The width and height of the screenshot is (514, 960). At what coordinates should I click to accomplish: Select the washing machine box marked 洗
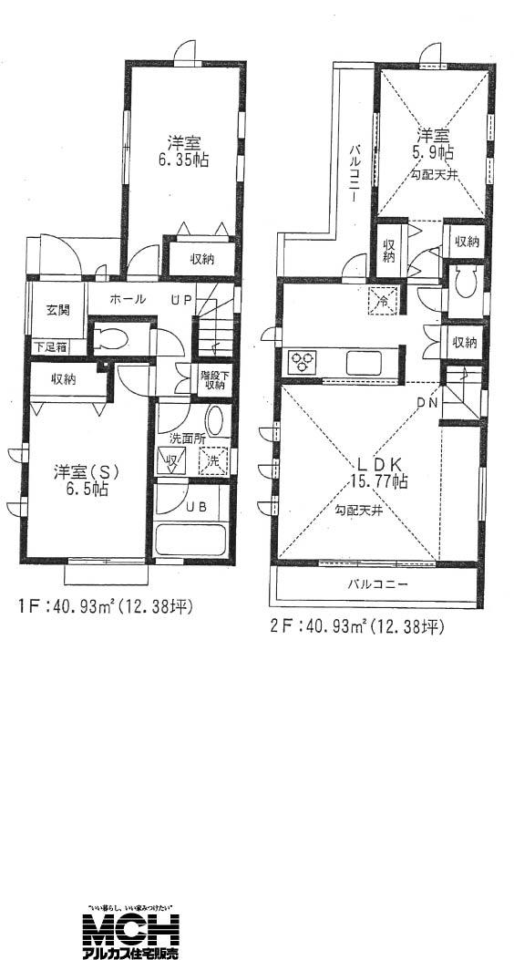212,461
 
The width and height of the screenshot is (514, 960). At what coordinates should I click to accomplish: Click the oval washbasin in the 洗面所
215,421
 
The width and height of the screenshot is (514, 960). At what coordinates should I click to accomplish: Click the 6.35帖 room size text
185,151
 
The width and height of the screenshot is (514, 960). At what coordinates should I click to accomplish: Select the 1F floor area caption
106,606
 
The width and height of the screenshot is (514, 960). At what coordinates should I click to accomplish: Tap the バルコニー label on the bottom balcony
376,583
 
